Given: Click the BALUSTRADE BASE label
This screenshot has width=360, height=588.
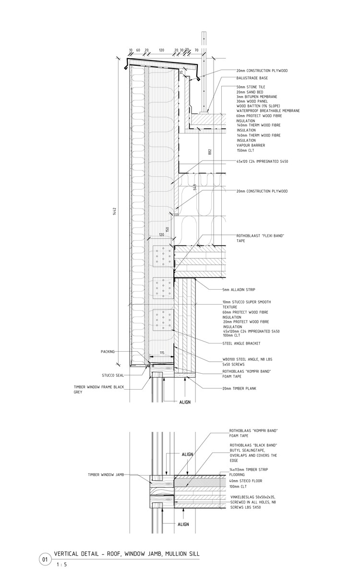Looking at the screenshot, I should pos(252,78).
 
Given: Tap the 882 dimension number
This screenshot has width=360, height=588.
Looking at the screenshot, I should pos(209,151).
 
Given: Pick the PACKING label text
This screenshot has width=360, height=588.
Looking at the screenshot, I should pos(108,352).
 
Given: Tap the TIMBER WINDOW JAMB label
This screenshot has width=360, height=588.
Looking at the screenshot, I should pos(106,474).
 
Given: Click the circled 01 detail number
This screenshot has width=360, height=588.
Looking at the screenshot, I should pos(45,560).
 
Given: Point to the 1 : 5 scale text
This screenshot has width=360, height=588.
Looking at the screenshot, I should pos(61,564).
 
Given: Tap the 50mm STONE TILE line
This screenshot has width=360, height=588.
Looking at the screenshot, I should pos(251,87).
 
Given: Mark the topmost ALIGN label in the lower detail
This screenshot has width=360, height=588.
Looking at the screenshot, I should pos(188,454).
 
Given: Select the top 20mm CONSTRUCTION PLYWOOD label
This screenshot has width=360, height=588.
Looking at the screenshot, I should pos(262,71).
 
